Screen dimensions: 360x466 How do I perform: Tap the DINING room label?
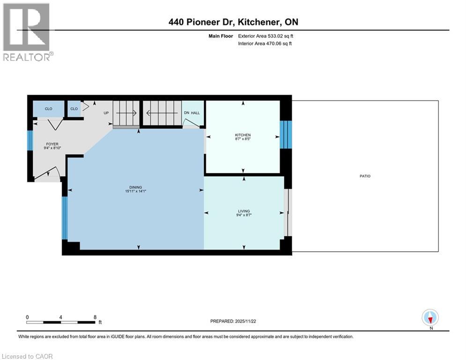pos(136,187)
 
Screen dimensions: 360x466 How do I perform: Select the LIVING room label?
pos(244,211)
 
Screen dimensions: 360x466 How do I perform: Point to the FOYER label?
pos(52,144)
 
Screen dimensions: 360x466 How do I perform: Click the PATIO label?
pos(365,176)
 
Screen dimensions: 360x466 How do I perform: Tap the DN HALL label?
pos(191,113)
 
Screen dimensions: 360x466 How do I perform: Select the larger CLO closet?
pos(49,109)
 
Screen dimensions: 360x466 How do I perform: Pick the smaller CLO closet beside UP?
pos(74,109)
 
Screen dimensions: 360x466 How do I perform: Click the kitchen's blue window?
pos(285,135)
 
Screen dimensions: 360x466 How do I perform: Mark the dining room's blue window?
pos(65,218)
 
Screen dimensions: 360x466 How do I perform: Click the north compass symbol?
pos(429,317)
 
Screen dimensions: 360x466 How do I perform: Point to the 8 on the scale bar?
pos(95,317)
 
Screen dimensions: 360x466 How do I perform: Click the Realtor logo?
pos(27,32)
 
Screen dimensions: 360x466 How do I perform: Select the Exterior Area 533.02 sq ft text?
pos(266,36)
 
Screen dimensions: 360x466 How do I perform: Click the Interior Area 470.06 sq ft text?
pos(265,44)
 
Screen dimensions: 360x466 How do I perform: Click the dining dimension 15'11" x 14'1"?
pos(136,191)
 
